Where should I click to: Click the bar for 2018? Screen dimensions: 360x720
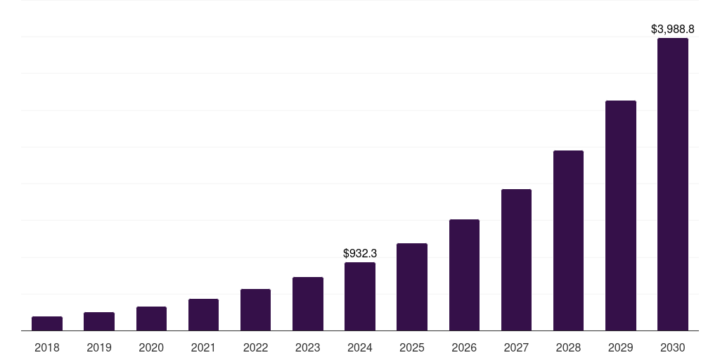point(47,323)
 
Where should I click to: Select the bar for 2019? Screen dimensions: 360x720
point(99,321)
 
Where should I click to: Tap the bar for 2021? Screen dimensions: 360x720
point(203,314)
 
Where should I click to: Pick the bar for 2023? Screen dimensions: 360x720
point(308,304)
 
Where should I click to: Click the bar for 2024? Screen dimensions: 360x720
point(360,296)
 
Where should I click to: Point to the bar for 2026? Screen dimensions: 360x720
point(464,275)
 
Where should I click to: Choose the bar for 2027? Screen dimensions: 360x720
point(516,259)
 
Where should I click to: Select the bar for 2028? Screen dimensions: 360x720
point(568,240)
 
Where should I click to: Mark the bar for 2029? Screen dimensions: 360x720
point(621,215)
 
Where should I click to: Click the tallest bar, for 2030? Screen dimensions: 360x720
point(673,184)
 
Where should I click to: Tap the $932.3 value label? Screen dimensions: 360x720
point(360,253)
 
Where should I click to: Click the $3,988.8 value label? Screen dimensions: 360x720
point(673,30)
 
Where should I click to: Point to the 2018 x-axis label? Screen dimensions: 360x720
point(47,347)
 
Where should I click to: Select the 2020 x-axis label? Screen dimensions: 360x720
point(151,347)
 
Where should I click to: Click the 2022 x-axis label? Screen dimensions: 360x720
point(255,347)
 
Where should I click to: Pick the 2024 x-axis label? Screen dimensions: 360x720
point(360,347)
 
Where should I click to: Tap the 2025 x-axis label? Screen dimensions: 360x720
point(412,347)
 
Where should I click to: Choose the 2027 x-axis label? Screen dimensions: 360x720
point(516,347)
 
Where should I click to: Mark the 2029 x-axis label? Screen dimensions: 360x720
point(621,347)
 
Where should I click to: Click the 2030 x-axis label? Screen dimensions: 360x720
point(673,347)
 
